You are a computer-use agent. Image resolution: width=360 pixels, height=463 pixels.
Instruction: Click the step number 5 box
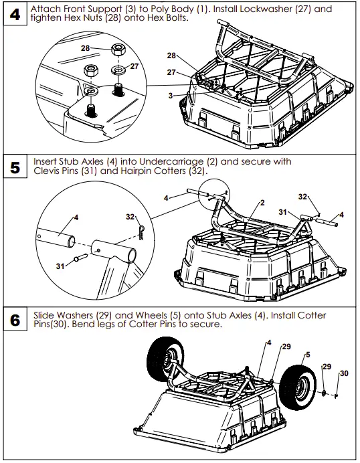pyautogui.click(x=14, y=167)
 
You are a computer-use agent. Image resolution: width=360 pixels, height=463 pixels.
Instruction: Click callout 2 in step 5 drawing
pyautogui.click(x=263, y=202)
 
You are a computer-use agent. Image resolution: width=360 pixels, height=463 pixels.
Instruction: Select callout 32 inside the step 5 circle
pyautogui.click(x=130, y=217)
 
